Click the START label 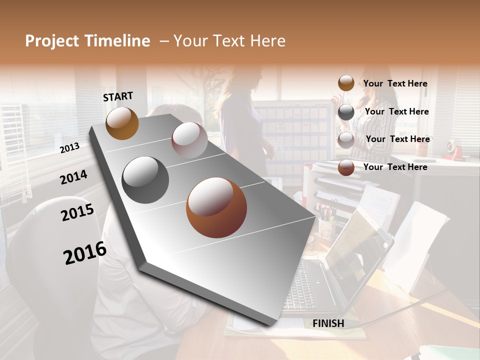click(118, 96)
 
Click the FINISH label click(328, 323)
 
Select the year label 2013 click(69, 147)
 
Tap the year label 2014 click(73, 177)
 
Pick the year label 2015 click(77, 212)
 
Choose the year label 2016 click(85, 253)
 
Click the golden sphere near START click(122, 123)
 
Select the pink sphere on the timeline click(189, 139)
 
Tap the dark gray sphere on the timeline click(145, 180)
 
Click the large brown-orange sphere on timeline click(216, 207)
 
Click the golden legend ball click(346, 83)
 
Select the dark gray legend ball click(346, 112)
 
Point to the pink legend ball click(346, 140)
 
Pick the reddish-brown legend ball click(346, 168)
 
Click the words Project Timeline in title click(87, 41)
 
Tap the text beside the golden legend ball click(395, 83)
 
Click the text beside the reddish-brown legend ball click(395, 167)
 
